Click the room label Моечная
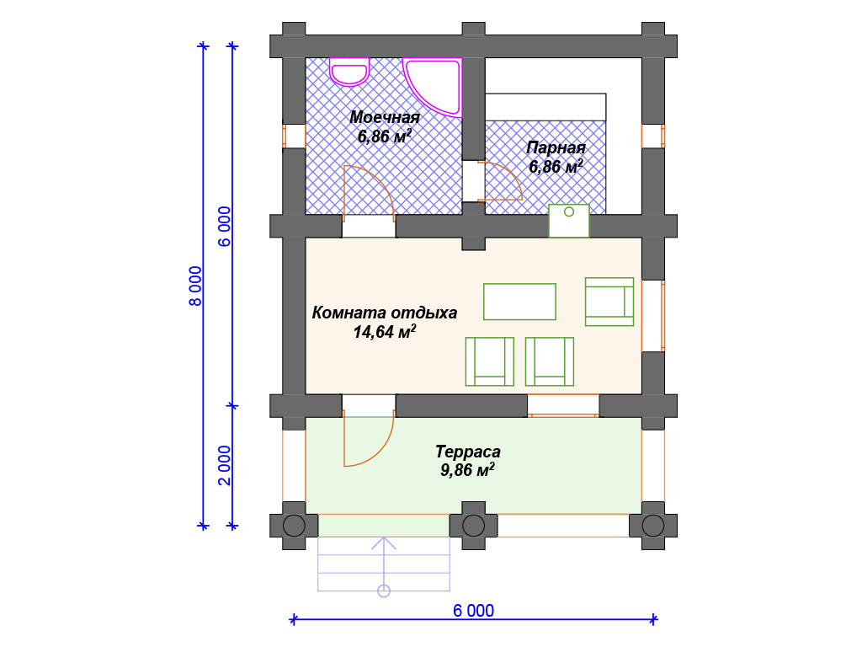click(384, 117)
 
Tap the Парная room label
click(556, 147)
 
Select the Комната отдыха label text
click(384, 313)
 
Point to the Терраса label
click(468, 452)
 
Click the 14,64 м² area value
click(384, 332)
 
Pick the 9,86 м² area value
click(467, 470)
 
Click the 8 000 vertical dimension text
click(195, 286)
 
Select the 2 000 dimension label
click(225, 465)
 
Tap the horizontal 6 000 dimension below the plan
click(473, 610)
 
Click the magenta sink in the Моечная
click(349, 72)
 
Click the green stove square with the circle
click(569, 221)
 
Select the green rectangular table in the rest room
click(519, 302)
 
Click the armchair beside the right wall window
click(609, 302)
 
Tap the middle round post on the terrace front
click(473, 526)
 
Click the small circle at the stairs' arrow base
click(384, 591)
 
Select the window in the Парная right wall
click(653, 136)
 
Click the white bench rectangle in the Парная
click(545, 107)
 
